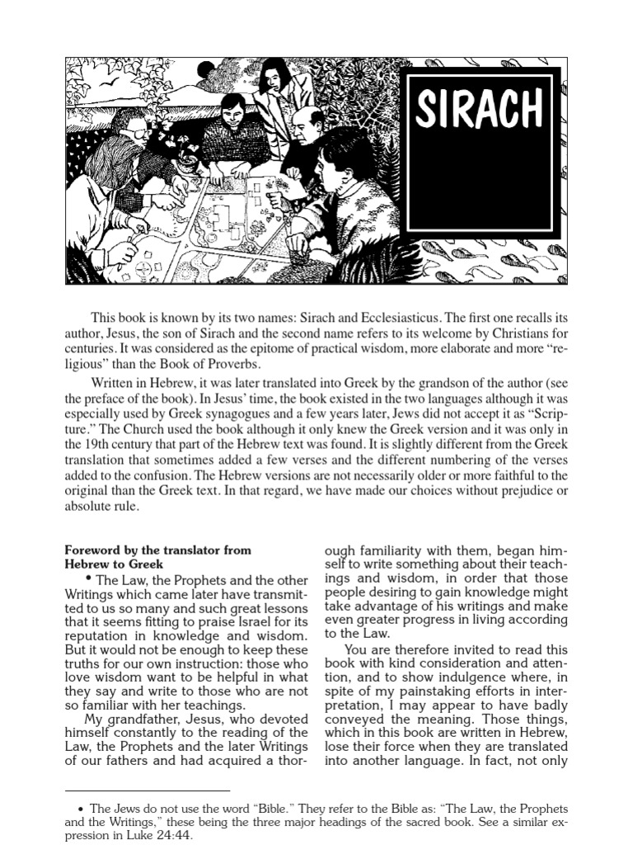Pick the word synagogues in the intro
point(223,413)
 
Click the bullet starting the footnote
point(80,810)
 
